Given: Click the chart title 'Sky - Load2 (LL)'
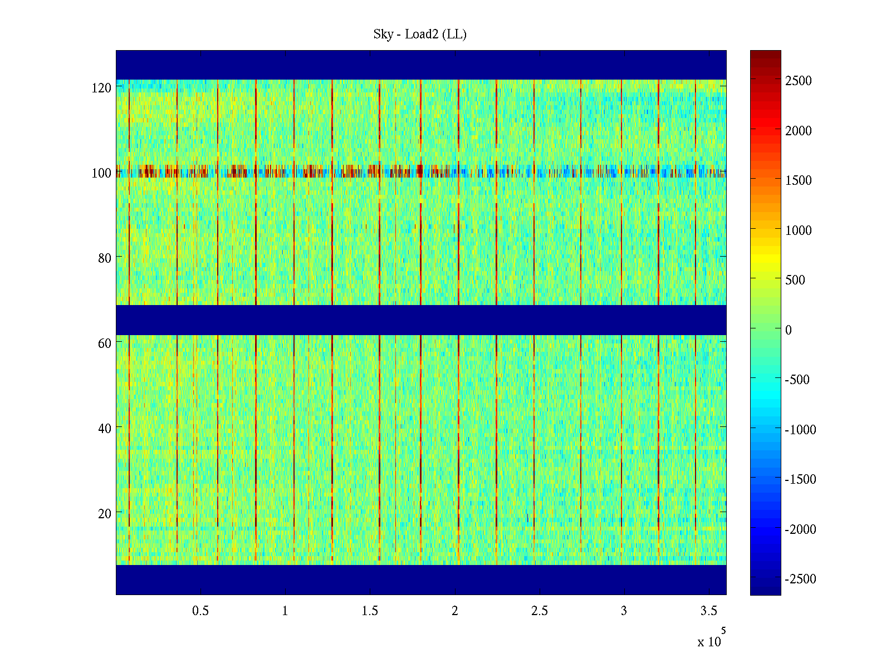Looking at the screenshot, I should (x=420, y=35).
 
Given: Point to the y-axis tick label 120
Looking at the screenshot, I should (x=101, y=88).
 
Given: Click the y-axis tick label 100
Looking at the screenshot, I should (x=101, y=173).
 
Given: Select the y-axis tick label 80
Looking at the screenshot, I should (x=105, y=258).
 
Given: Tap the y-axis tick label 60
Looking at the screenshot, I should (x=105, y=343).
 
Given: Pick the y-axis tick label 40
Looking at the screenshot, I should (x=105, y=429).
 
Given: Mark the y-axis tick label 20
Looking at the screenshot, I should (x=105, y=514).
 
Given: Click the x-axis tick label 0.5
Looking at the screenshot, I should (x=200, y=611).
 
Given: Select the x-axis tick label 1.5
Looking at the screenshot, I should (x=370, y=611).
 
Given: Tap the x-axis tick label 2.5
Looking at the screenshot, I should (x=540, y=611).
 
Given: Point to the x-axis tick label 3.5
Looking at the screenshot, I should (x=708, y=611).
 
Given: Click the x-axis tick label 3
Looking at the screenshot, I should (x=624, y=611).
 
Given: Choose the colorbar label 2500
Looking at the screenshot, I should (x=799, y=81).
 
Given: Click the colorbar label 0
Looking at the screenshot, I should (x=789, y=330).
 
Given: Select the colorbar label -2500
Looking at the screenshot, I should (x=800, y=579).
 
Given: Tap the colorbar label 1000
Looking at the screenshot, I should (x=799, y=230).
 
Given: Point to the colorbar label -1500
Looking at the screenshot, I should (x=800, y=479).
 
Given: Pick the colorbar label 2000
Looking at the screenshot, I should (x=799, y=131).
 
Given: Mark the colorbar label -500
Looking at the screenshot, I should (x=797, y=380).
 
